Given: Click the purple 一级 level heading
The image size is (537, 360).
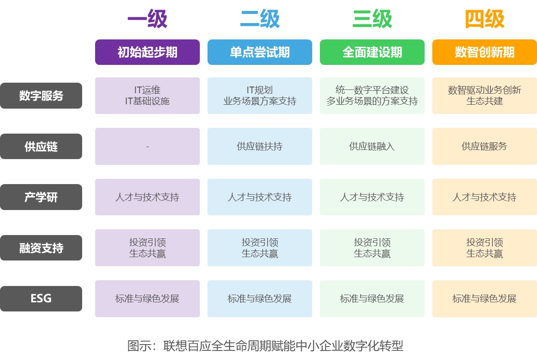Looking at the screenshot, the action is [x=147, y=20].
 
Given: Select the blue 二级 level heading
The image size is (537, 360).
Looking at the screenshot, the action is [x=259, y=20].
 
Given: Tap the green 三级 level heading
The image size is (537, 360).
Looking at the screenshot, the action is [x=372, y=20].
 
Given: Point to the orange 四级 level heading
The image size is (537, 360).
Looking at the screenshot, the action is [x=484, y=20].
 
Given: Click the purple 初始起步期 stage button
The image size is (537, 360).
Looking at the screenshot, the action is [x=147, y=52].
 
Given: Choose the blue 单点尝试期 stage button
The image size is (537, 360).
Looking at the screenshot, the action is [x=259, y=52].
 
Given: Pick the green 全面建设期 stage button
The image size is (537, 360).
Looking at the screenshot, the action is [x=372, y=52].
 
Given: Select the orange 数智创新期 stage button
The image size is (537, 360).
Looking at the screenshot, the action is [x=484, y=52].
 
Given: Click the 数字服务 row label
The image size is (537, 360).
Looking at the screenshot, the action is [x=41, y=96].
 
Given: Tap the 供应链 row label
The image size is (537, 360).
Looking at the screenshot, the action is [x=41, y=147].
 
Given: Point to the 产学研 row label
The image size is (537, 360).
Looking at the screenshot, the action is [x=41, y=197].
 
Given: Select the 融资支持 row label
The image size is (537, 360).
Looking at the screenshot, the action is [x=41, y=248].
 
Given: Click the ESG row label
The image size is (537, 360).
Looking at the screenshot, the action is [x=41, y=298].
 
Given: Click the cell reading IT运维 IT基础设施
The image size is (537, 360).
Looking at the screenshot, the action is [x=147, y=96].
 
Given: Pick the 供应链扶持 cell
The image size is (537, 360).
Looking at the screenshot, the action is [x=259, y=147].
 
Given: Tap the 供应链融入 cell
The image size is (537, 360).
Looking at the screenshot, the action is [x=372, y=147].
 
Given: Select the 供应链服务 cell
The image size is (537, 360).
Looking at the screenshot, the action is [x=484, y=147].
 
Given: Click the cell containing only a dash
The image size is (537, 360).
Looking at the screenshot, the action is [x=147, y=147].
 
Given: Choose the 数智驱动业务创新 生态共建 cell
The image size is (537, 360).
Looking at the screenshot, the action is [x=484, y=96].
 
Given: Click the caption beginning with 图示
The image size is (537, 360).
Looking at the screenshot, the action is [x=265, y=346].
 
